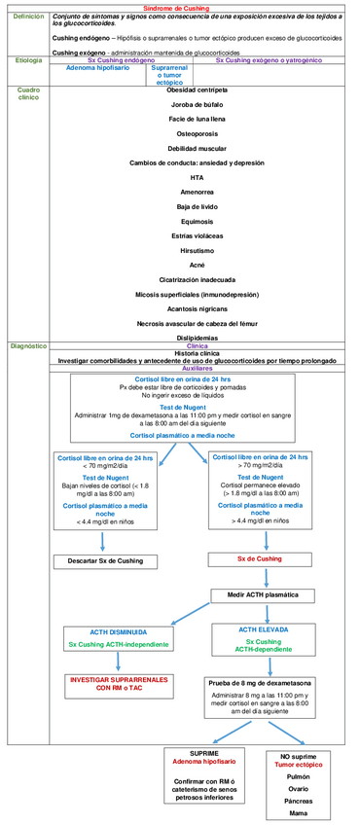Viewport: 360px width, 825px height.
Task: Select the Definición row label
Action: (26, 18)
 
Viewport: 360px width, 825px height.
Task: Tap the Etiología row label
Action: (25, 60)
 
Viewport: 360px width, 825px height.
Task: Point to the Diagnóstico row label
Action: (27, 345)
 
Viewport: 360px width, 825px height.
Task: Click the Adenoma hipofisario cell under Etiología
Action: (99, 69)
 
